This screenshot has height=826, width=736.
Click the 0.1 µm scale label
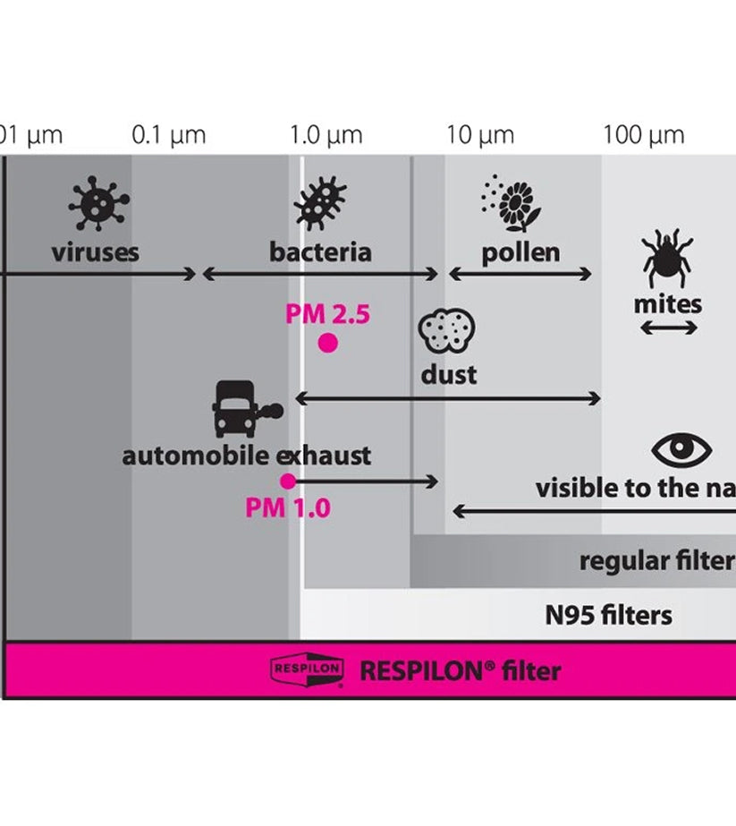click(x=168, y=136)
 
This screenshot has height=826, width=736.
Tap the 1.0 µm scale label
click(x=326, y=136)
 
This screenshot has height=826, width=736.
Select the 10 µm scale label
click(x=480, y=136)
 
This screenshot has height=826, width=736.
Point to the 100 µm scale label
click(x=643, y=136)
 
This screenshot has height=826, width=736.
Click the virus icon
click(x=98, y=204)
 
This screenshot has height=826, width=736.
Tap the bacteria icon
click(x=320, y=204)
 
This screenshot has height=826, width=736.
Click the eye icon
click(x=681, y=449)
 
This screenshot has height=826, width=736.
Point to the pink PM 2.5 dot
click(x=328, y=342)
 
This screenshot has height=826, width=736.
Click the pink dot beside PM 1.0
click(x=288, y=481)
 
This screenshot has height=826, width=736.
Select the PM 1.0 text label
click(x=288, y=508)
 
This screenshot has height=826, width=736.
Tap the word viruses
click(x=96, y=251)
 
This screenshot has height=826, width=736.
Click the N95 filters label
click(x=608, y=616)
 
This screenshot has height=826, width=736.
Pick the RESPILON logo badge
click(x=307, y=670)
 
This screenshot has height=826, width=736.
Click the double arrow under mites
click(x=669, y=329)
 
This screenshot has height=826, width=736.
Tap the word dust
click(x=449, y=374)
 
